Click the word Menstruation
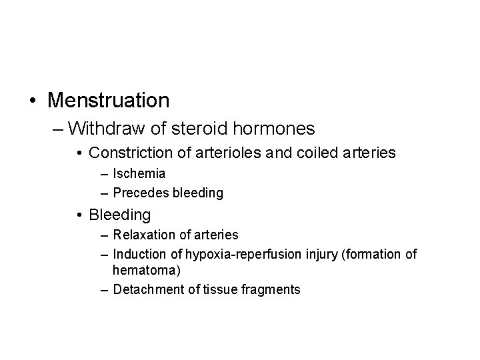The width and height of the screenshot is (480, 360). pos(109,101)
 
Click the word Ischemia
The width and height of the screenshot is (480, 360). pos(139,174)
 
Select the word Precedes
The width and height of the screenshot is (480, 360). pos(141,193)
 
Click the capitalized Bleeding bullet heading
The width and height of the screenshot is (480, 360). pos(119,215)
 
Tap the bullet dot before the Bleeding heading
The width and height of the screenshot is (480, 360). pos(80,215)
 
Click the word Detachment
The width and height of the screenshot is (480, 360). pos(146,289)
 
